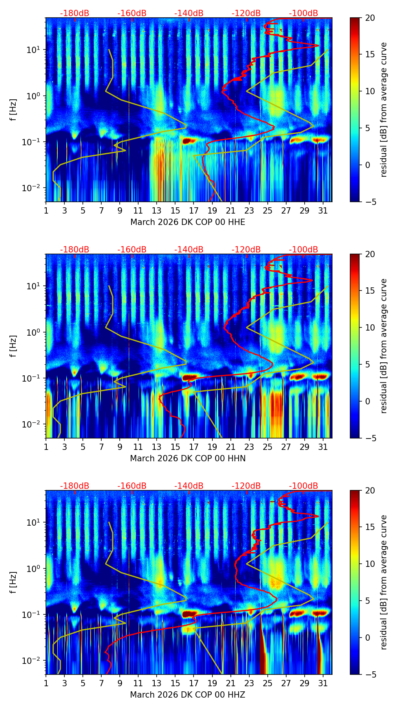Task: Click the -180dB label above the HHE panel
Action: click(x=75, y=13)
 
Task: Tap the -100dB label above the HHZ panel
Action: click(x=303, y=486)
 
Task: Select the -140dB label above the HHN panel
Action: click(x=189, y=250)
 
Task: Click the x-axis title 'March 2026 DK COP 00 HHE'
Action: click(x=188, y=222)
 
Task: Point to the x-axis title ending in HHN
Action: click(x=188, y=459)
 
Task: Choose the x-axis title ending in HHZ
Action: click(x=188, y=695)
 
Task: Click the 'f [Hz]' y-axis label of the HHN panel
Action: click(x=14, y=346)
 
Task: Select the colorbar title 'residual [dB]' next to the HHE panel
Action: click(x=384, y=110)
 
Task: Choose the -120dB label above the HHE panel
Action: click(x=246, y=13)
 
